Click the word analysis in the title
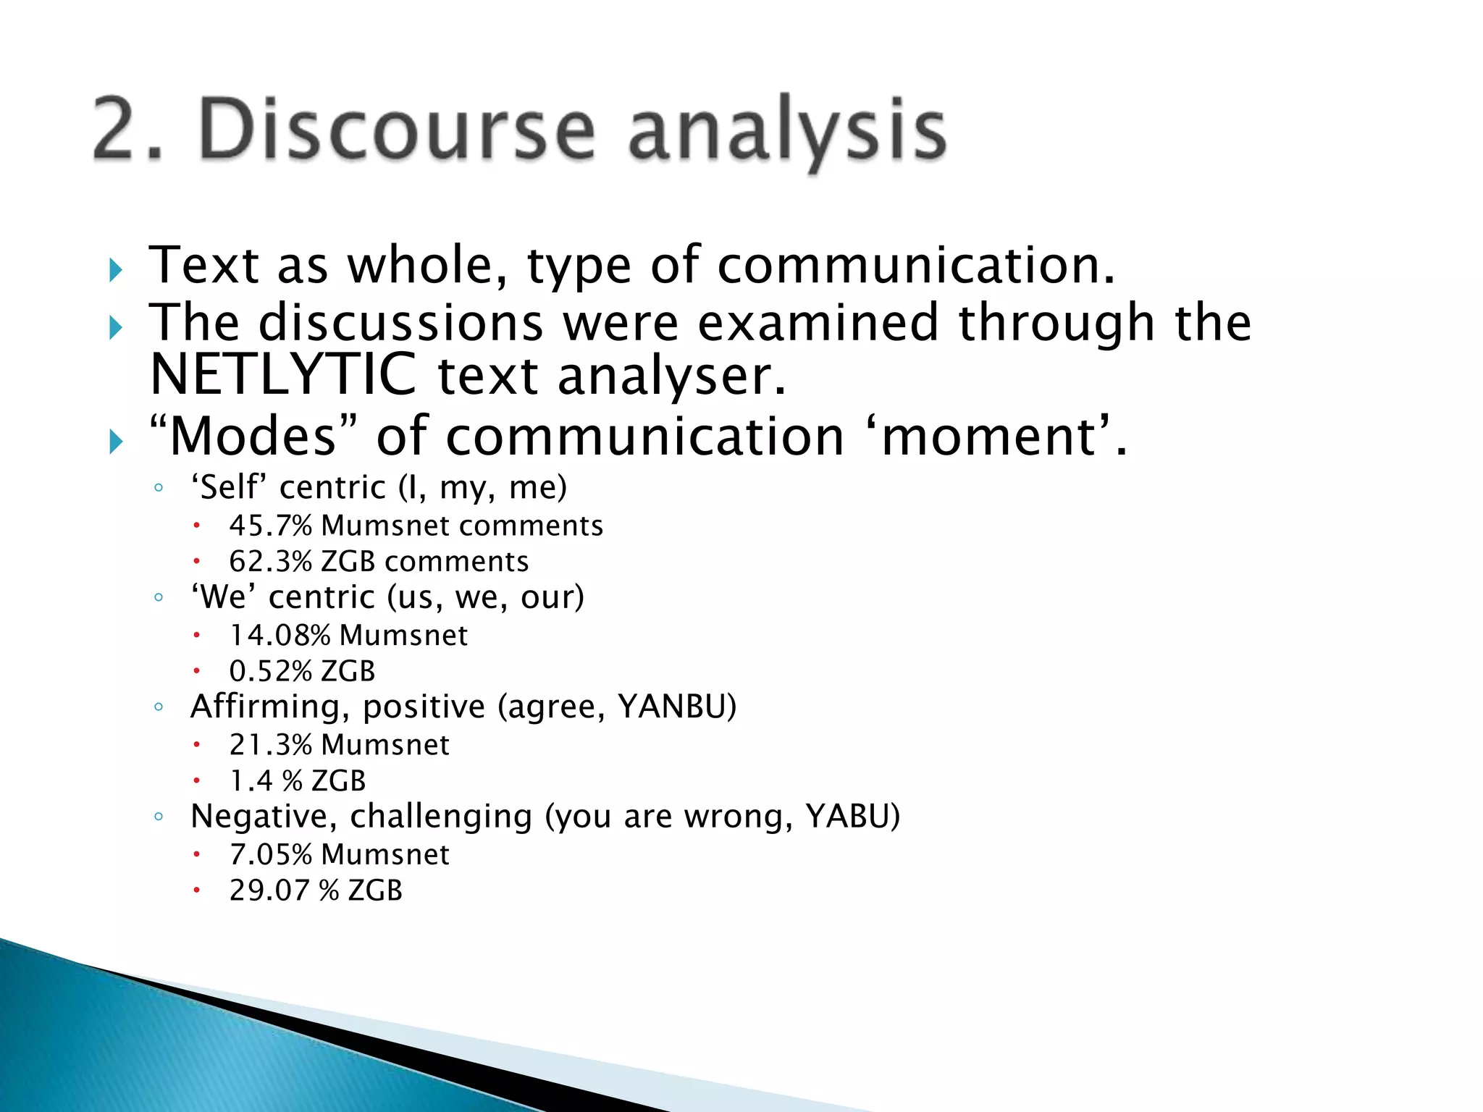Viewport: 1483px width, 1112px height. point(787,132)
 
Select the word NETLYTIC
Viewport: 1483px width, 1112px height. point(283,375)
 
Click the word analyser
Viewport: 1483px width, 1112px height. point(671,377)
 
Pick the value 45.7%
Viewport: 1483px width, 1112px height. point(270,526)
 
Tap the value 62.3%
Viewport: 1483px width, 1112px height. point(270,562)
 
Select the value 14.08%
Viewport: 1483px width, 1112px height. point(280,636)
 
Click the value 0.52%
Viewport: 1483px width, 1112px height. point(270,671)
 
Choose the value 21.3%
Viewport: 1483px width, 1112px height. point(270,745)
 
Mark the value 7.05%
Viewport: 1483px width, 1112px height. point(270,855)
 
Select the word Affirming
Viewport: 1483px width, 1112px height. point(265,707)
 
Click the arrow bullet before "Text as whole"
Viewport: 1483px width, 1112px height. point(116,271)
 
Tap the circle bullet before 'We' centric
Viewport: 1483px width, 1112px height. point(159,597)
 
